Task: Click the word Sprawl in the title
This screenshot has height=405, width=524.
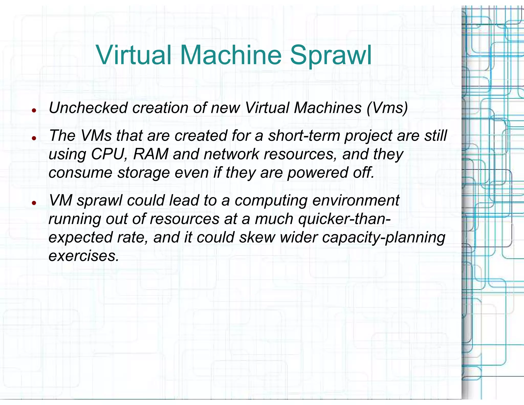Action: [331, 56]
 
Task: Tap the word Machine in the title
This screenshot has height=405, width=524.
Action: [231, 55]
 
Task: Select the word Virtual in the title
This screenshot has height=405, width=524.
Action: [134, 55]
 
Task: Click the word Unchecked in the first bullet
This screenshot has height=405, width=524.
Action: [88, 108]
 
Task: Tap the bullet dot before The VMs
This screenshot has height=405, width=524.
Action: [34, 138]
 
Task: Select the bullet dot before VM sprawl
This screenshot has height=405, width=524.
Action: [34, 203]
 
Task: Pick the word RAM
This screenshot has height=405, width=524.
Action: [151, 154]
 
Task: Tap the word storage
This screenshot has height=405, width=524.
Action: [144, 173]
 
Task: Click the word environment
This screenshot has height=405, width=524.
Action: [356, 200]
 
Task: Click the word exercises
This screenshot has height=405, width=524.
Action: [84, 256]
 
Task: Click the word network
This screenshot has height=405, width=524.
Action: [232, 154]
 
